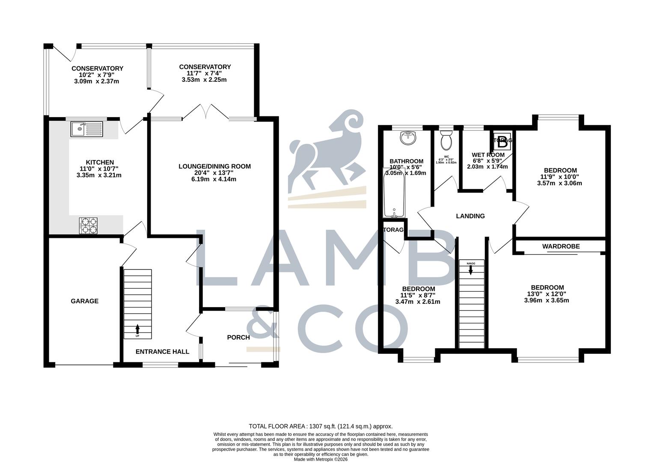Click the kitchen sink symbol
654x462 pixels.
[x=87, y=129]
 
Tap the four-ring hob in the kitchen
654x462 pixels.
[x=88, y=225]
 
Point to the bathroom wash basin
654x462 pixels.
[x=407, y=138]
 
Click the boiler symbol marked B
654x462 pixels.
[x=502, y=140]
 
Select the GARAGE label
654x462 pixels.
[x=84, y=301]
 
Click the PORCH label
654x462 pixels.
[x=238, y=338]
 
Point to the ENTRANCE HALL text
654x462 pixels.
[x=162, y=352]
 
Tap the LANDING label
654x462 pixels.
[x=470, y=216]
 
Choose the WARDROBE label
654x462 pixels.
[x=561, y=246]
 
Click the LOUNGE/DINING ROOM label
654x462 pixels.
[x=214, y=166]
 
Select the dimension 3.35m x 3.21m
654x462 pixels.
[x=99, y=175]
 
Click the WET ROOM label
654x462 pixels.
[x=488, y=155]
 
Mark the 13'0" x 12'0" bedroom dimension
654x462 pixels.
[x=547, y=294]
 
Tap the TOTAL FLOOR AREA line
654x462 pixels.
[x=321, y=426]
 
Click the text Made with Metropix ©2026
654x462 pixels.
[x=321, y=459]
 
